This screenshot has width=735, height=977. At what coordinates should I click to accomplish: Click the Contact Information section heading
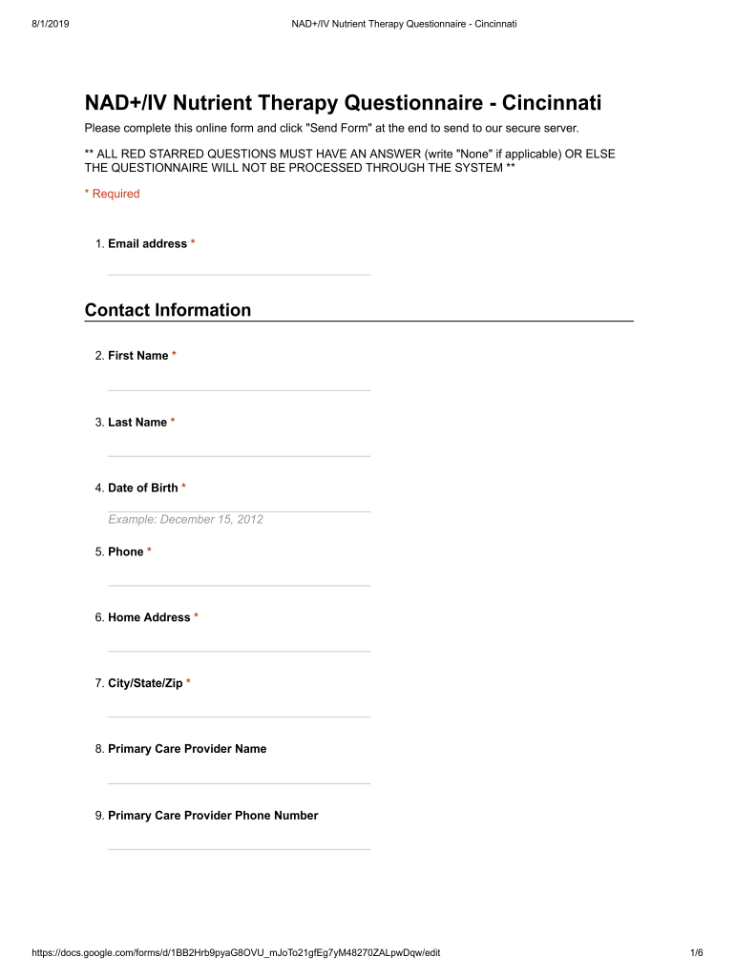click(x=168, y=310)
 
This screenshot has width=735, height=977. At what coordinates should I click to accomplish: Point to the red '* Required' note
click(x=113, y=194)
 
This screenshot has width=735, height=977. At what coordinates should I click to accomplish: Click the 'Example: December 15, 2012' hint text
click(x=185, y=519)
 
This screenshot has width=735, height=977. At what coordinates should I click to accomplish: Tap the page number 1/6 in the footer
click(x=696, y=952)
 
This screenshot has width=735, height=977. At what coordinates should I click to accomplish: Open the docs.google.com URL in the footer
click(x=236, y=952)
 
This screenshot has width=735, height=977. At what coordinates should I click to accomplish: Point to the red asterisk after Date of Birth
click(x=184, y=488)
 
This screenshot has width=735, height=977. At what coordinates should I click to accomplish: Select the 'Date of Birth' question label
click(x=143, y=488)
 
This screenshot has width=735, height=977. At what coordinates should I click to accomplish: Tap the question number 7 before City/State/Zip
click(x=98, y=683)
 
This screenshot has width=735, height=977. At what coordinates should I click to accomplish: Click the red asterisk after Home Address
click(x=197, y=617)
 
